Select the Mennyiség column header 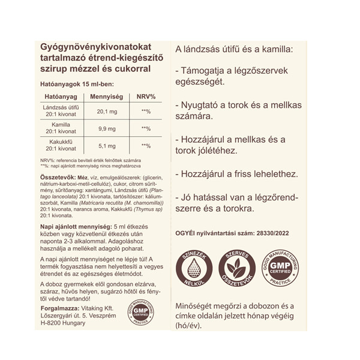(107, 97)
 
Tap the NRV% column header (146, 97)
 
